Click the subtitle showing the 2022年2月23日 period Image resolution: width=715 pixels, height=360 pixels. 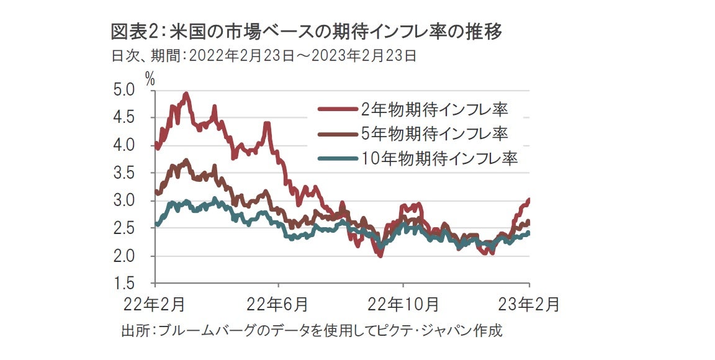(x=263, y=56)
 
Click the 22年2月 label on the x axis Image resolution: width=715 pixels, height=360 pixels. (x=154, y=305)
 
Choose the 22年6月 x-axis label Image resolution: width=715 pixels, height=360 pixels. (x=277, y=305)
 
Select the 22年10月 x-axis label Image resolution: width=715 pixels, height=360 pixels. (x=404, y=305)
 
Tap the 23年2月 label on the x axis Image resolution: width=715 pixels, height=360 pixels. (x=529, y=305)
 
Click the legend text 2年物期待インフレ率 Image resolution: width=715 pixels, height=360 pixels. (x=434, y=110)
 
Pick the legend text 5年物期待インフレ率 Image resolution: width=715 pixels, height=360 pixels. (x=434, y=133)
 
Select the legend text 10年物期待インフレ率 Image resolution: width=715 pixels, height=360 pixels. (x=439, y=158)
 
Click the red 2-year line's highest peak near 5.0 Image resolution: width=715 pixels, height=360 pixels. (x=186, y=94)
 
